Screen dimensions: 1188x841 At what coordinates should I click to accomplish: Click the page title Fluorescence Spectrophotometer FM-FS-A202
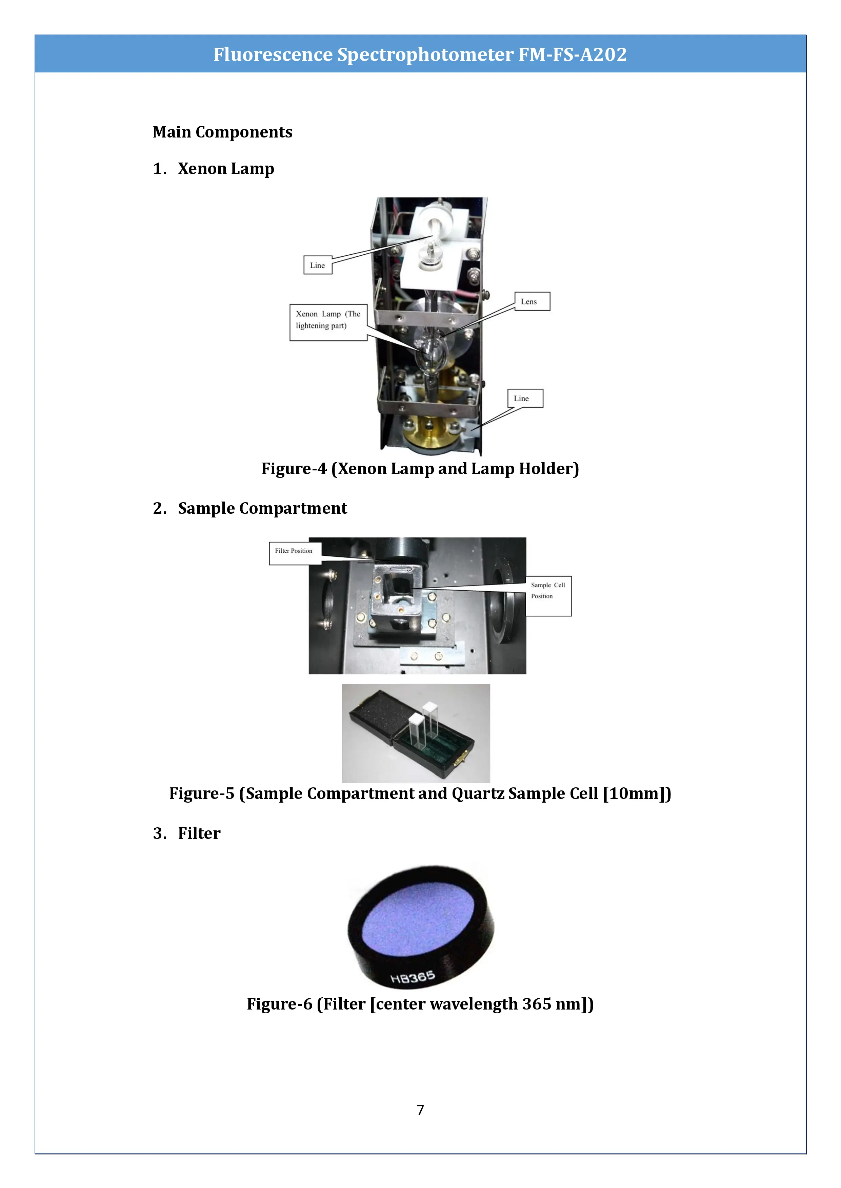[x=420, y=54]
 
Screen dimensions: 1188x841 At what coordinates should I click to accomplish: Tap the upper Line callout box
[x=317, y=265]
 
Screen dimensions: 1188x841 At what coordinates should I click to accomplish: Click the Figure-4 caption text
[x=420, y=468]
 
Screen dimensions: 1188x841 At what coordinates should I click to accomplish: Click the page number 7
[x=420, y=1110]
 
